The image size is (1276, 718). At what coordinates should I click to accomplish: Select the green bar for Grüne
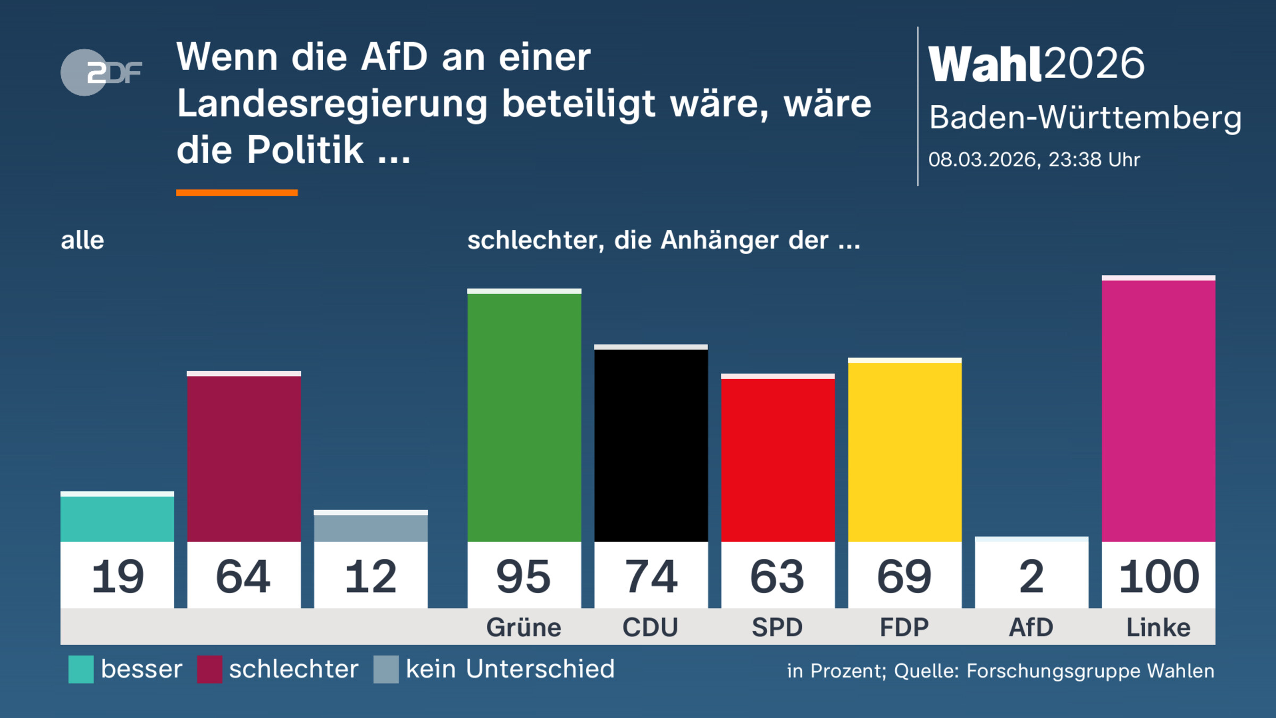524,418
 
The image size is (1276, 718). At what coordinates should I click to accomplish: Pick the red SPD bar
777,460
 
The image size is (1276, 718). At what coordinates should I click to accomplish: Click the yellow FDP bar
904,452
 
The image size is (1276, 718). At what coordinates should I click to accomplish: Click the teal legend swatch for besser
81,669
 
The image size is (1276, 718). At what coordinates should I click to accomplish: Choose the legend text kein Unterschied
510,669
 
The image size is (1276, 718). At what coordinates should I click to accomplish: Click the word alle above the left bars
82,240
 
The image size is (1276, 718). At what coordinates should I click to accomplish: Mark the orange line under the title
237,193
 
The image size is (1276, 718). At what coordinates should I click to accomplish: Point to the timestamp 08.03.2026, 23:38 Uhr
1034,160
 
